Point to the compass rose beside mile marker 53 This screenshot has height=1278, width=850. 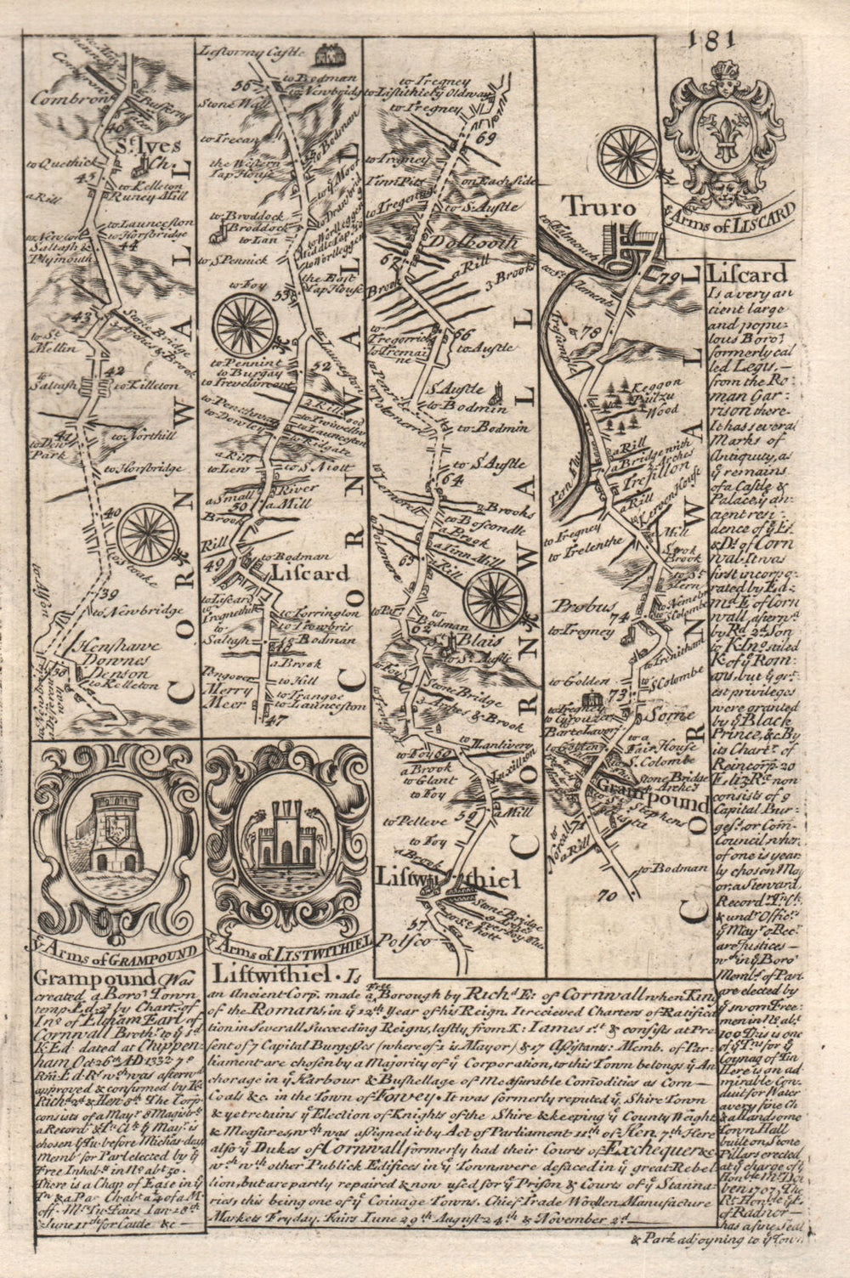244,325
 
